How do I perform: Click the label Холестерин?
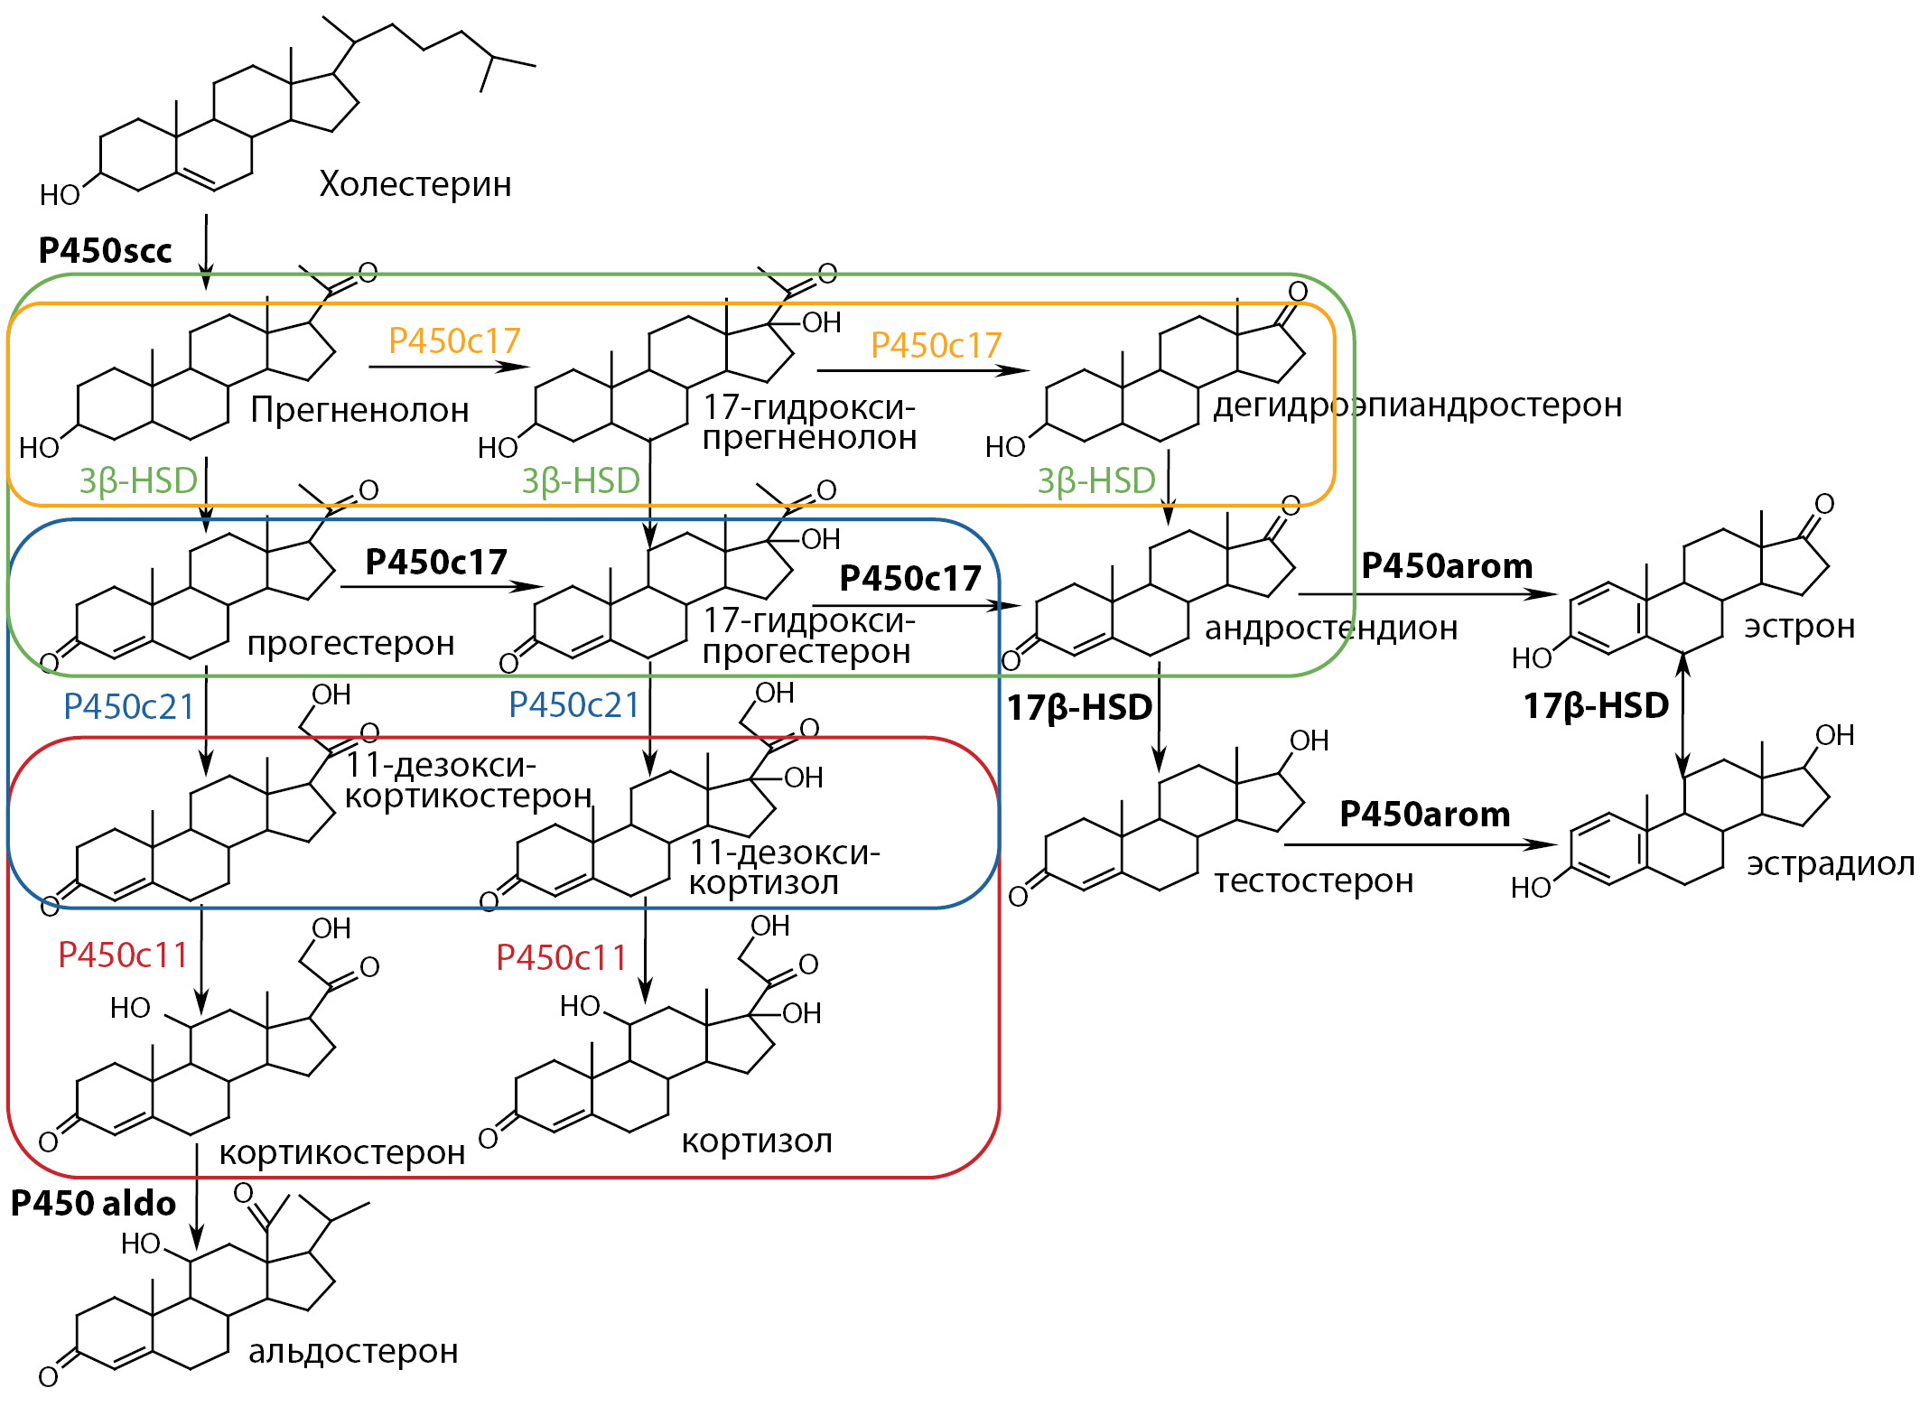[x=415, y=184]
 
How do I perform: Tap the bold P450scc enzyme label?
[x=105, y=250]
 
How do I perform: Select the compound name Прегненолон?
[x=359, y=410]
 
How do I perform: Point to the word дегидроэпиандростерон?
[x=1417, y=405]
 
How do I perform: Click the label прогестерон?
[x=350, y=643]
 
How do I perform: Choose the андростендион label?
[x=1331, y=628]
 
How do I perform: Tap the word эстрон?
[x=1799, y=626]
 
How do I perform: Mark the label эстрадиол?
[x=1830, y=864]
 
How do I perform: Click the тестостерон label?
[x=1313, y=881]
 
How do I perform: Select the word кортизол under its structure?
[x=756, y=1141]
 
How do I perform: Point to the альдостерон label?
[x=353, y=1351]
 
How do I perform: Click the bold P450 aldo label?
[x=93, y=1203]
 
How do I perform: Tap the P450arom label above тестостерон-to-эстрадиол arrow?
[x=1424, y=814]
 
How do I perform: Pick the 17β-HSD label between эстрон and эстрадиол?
[x=1596, y=705]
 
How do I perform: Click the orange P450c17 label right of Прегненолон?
[x=454, y=340]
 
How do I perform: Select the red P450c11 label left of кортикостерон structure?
[x=123, y=955]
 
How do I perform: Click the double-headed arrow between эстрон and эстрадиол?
[x=1682, y=713]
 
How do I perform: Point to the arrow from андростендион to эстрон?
[x=1427, y=594]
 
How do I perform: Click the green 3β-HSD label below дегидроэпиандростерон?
[x=1095, y=480]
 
